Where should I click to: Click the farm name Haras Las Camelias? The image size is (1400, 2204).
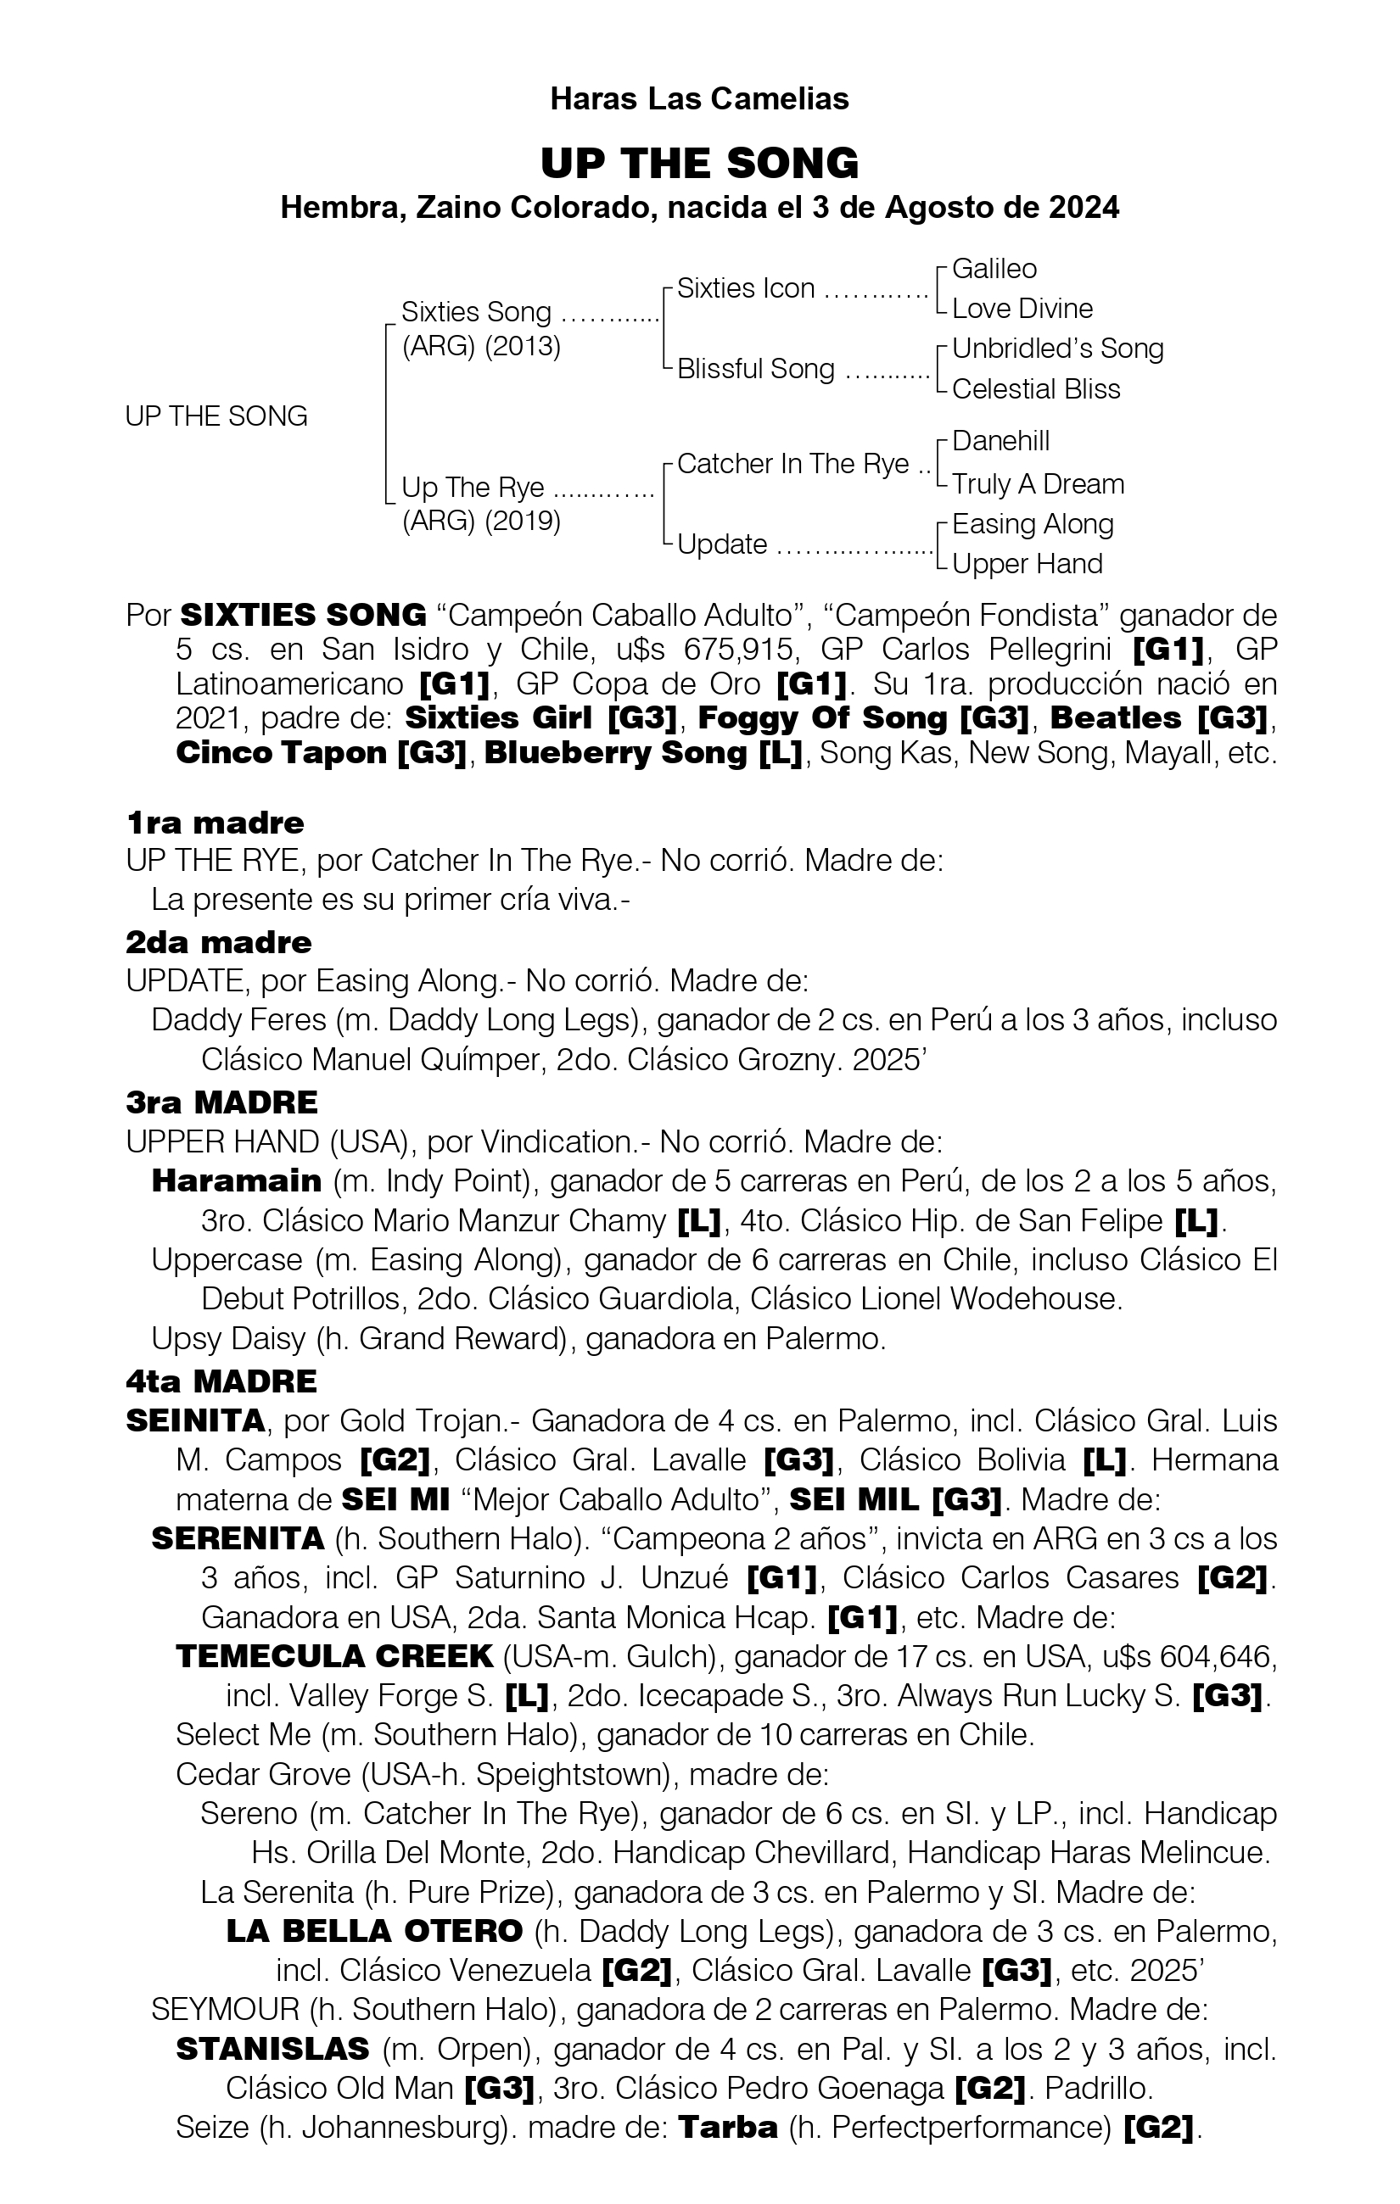point(699,99)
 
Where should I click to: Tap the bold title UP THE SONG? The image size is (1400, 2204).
point(699,164)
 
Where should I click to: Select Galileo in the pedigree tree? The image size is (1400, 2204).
point(994,269)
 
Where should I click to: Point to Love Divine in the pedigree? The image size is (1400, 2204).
point(1022,310)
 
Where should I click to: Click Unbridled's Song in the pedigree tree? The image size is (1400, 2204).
point(1057,349)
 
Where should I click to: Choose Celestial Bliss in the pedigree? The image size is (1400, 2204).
point(1036,390)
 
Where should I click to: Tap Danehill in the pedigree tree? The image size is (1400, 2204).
point(1000,441)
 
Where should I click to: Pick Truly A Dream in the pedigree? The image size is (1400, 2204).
point(1038,484)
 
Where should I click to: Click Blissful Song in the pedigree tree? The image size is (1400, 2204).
point(755,369)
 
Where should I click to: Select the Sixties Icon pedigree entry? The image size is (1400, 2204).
point(745,289)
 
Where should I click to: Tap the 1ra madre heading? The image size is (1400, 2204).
point(216,823)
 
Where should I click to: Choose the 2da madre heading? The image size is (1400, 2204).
point(219,943)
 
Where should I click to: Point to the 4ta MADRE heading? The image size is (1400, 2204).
point(221,1381)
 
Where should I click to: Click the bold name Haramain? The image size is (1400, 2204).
point(236,1180)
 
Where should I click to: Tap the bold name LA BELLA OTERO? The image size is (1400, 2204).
point(374,1931)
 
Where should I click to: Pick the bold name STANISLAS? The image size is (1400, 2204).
point(273,2049)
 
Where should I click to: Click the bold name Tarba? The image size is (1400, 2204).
point(728,2127)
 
